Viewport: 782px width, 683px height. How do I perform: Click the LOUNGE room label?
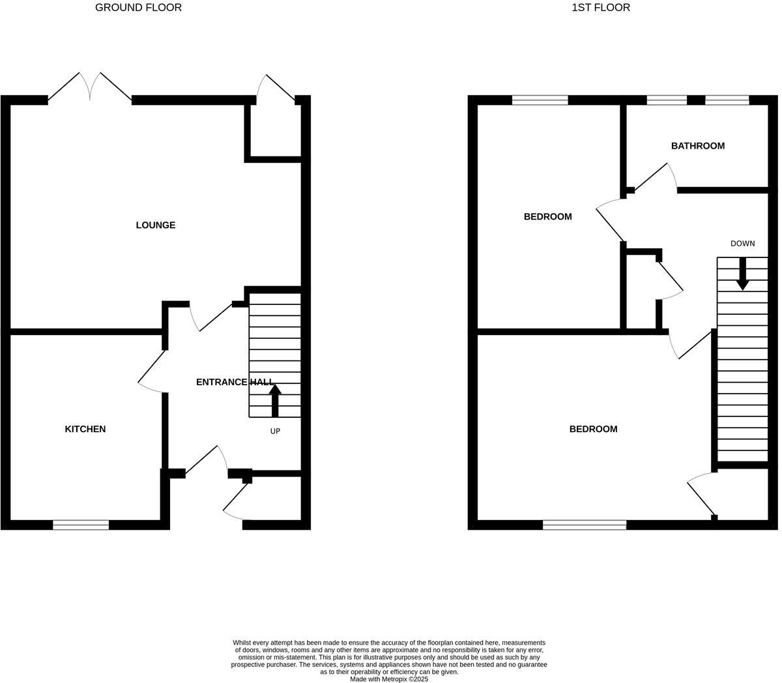(x=155, y=225)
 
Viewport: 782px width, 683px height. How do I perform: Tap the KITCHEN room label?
(x=85, y=429)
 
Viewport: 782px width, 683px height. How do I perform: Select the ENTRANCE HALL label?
(x=235, y=382)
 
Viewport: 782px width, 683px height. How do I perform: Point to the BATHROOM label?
(x=697, y=146)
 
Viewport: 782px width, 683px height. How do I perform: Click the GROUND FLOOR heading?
(x=138, y=8)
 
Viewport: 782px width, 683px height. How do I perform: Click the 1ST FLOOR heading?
(x=600, y=8)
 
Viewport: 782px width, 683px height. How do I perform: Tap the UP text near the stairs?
(x=275, y=431)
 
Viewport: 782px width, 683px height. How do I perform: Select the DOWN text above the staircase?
(x=742, y=244)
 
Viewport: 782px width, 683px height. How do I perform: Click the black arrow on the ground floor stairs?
(x=274, y=400)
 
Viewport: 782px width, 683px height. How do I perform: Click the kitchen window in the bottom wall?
(x=81, y=525)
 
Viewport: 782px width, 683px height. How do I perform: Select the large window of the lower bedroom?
(x=584, y=525)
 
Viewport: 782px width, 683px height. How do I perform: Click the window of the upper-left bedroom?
(x=540, y=100)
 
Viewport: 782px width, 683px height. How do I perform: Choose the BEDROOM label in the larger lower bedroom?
(x=593, y=429)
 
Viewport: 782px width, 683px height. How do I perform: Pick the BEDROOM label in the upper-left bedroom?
(x=547, y=217)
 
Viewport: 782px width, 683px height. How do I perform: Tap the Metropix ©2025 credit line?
(x=389, y=679)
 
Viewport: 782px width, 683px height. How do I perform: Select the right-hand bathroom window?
(x=727, y=100)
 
